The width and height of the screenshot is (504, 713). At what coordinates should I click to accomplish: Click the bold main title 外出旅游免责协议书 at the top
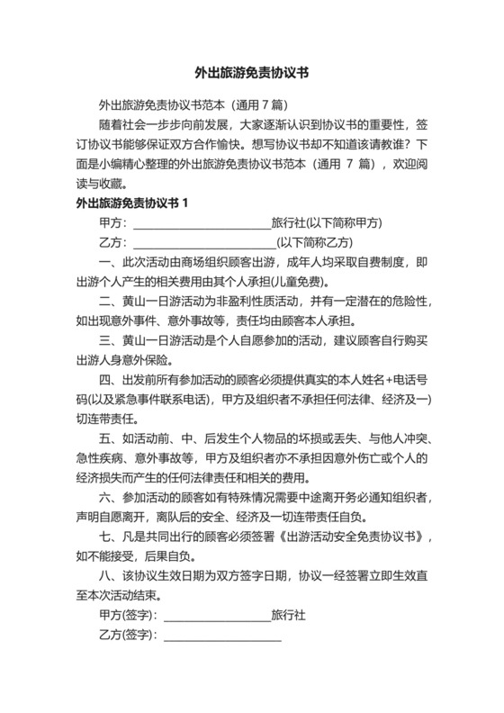(252, 75)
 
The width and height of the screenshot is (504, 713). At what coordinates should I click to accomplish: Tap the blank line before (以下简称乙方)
(203, 243)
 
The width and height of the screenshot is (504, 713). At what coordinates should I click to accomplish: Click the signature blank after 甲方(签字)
(216, 617)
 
